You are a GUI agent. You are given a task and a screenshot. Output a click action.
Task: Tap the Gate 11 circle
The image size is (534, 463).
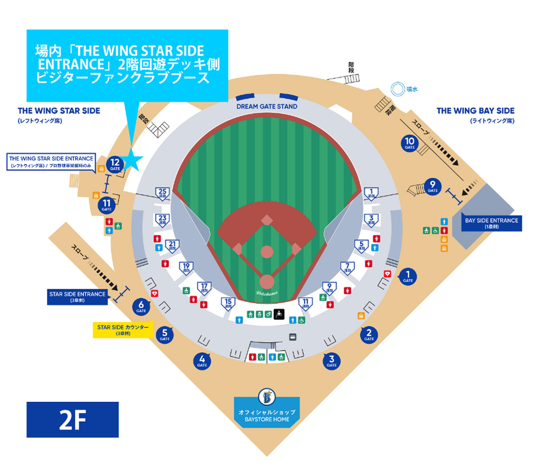tap(107, 206)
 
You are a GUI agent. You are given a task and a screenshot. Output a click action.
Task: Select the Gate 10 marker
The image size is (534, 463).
tap(410, 144)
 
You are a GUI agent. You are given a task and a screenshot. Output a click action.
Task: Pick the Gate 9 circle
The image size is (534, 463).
tap(433, 186)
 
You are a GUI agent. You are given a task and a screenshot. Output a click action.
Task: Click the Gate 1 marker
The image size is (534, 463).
tap(408, 276)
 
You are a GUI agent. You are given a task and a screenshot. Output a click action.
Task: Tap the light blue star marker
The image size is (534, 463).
tap(134, 160)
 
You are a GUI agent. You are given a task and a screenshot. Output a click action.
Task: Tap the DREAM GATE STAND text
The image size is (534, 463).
tap(266, 106)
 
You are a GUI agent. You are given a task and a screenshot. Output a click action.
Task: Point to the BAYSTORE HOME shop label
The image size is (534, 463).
tap(267, 415)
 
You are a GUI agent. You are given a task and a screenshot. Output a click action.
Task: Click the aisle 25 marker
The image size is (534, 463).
tap(163, 194)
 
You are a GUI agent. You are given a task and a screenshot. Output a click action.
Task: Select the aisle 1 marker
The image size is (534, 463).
tap(371, 194)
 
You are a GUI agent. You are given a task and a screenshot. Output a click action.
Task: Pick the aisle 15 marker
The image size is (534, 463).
tap(228, 303)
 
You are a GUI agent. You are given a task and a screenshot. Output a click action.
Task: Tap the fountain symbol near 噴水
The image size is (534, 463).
tap(397, 88)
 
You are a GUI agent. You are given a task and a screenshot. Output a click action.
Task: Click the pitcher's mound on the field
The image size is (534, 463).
tap(267, 252)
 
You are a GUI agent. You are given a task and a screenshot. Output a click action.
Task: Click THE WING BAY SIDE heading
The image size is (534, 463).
tap(475, 111)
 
